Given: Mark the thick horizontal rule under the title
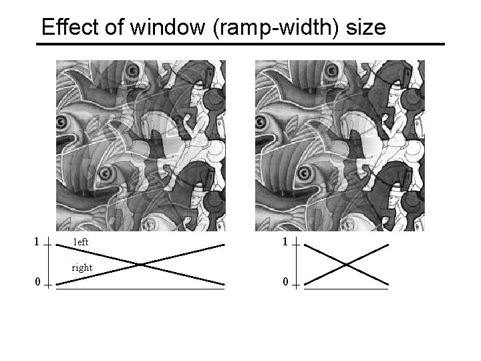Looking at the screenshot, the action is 240,44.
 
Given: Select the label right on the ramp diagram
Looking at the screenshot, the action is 82,267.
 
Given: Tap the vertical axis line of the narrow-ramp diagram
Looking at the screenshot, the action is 295,263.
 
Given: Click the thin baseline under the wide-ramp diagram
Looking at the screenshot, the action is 140,289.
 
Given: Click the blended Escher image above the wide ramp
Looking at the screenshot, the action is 140,146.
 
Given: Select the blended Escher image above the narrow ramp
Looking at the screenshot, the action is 339,146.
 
